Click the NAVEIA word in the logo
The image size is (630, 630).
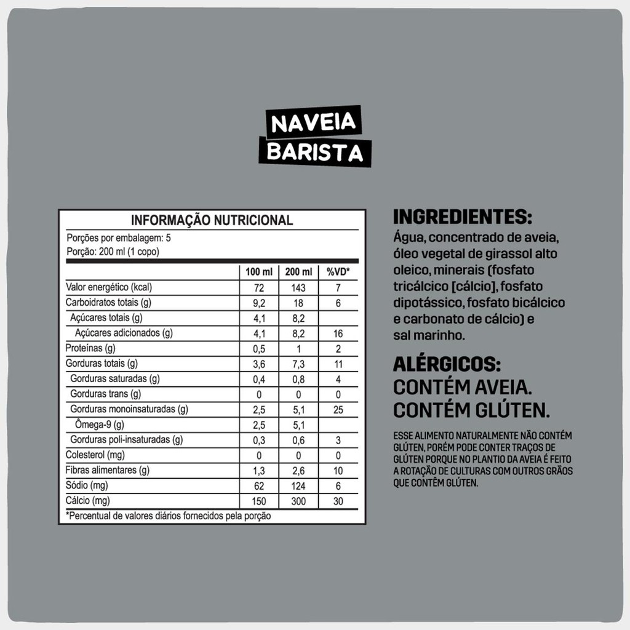click(x=314, y=123)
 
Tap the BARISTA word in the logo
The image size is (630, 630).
click(x=315, y=152)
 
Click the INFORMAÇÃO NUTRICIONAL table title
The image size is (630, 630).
click(x=212, y=220)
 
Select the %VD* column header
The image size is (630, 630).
click(x=338, y=272)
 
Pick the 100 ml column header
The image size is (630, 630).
click(x=258, y=272)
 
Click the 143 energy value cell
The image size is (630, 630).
click(x=298, y=287)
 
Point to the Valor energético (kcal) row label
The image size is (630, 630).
click(x=109, y=287)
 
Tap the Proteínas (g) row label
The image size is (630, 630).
click(x=90, y=348)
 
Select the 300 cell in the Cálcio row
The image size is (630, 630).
click(x=298, y=501)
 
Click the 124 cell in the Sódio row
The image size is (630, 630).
click(x=298, y=486)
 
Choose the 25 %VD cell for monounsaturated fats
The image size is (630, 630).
click(x=338, y=410)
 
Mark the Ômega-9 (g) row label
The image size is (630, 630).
click(x=99, y=425)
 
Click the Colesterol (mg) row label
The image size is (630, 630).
click(x=95, y=455)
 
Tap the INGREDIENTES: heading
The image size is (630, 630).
click(x=462, y=217)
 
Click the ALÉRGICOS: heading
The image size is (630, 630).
click(x=452, y=365)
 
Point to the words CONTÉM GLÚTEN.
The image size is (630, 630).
click(x=471, y=410)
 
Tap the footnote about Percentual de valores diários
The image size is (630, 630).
click(x=168, y=516)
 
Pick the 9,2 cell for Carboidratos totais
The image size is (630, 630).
click(x=258, y=303)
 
